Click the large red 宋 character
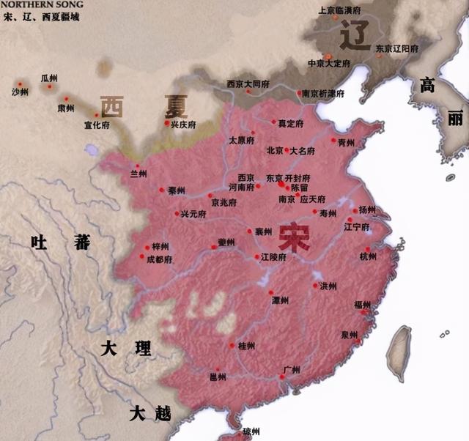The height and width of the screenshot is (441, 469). (292, 239)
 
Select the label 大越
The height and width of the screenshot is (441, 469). (150, 414)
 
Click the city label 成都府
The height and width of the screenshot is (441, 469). (159, 259)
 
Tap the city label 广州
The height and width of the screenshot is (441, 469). (292, 369)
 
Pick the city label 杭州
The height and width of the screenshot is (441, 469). (369, 257)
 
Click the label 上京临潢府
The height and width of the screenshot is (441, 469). (339, 10)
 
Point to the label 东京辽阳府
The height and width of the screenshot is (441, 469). (397, 48)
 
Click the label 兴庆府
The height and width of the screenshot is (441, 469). (183, 125)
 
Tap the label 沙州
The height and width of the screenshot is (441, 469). (21, 92)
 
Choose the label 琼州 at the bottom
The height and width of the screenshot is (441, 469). (251, 431)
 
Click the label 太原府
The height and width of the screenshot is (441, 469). (241, 140)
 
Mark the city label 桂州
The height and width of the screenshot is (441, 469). (248, 345)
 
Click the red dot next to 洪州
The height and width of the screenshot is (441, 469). (315, 285)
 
